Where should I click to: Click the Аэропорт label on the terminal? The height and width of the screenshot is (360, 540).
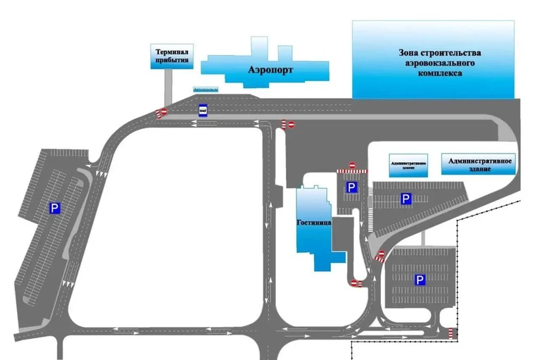(x=270, y=70)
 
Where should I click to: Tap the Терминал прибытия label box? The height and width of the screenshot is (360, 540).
(x=171, y=56)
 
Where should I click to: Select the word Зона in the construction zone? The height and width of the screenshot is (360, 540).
(x=408, y=53)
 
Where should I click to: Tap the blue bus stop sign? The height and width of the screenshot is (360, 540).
(x=203, y=110)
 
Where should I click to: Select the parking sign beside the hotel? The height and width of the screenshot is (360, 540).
(x=351, y=188)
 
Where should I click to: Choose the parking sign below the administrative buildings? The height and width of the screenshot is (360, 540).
(x=406, y=199)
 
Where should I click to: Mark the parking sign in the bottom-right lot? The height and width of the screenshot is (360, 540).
(x=420, y=280)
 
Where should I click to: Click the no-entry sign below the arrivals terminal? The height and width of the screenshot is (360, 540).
(x=163, y=112)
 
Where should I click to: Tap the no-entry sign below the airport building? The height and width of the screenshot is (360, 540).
(x=287, y=124)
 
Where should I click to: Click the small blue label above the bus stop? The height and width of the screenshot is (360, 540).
(x=206, y=90)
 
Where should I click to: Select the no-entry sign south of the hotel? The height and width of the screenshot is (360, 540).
(x=356, y=283)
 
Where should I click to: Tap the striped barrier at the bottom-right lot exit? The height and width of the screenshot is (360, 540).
(x=451, y=332)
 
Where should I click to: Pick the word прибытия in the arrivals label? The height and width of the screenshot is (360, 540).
(x=171, y=61)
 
